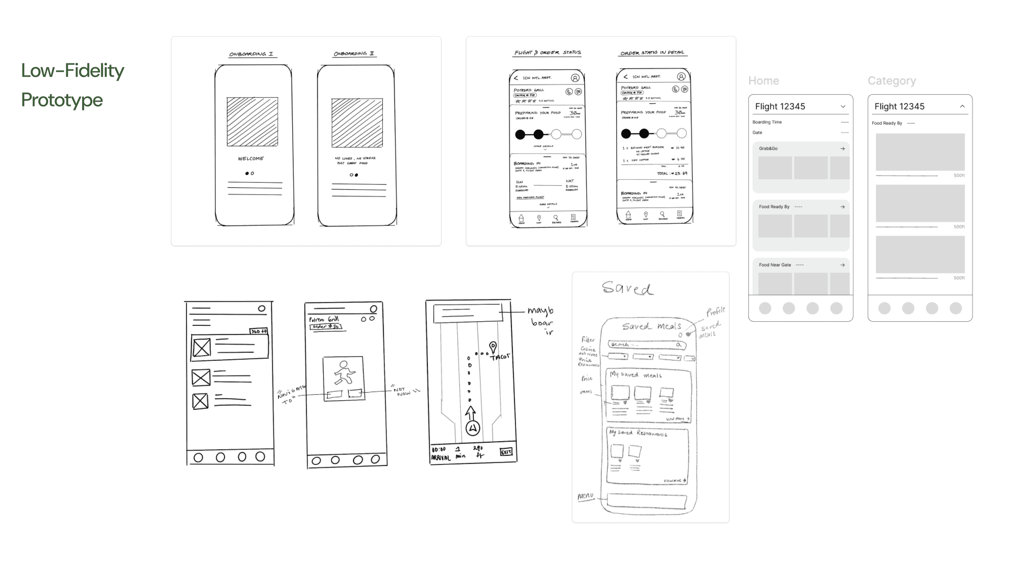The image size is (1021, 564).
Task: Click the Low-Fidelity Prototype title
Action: (72, 85)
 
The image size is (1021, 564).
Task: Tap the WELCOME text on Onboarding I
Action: (251, 158)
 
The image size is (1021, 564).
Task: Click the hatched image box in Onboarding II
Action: (357, 122)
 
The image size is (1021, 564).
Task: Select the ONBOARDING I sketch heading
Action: (251, 54)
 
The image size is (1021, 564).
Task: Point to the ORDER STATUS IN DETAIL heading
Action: (652, 53)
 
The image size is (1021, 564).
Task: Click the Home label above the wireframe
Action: (763, 81)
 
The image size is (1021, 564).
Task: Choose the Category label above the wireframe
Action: (892, 81)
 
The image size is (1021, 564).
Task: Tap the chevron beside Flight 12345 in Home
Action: (843, 106)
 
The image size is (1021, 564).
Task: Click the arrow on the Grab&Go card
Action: (843, 149)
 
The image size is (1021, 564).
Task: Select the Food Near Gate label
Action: (775, 265)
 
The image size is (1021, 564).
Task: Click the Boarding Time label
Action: (767, 122)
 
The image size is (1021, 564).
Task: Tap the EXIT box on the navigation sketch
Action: (506, 452)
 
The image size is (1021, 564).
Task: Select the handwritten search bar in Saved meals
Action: (646, 345)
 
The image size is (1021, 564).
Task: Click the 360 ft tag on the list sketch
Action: (259, 331)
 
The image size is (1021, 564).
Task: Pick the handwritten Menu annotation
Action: (586, 496)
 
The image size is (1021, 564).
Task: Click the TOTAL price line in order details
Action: (672, 174)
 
